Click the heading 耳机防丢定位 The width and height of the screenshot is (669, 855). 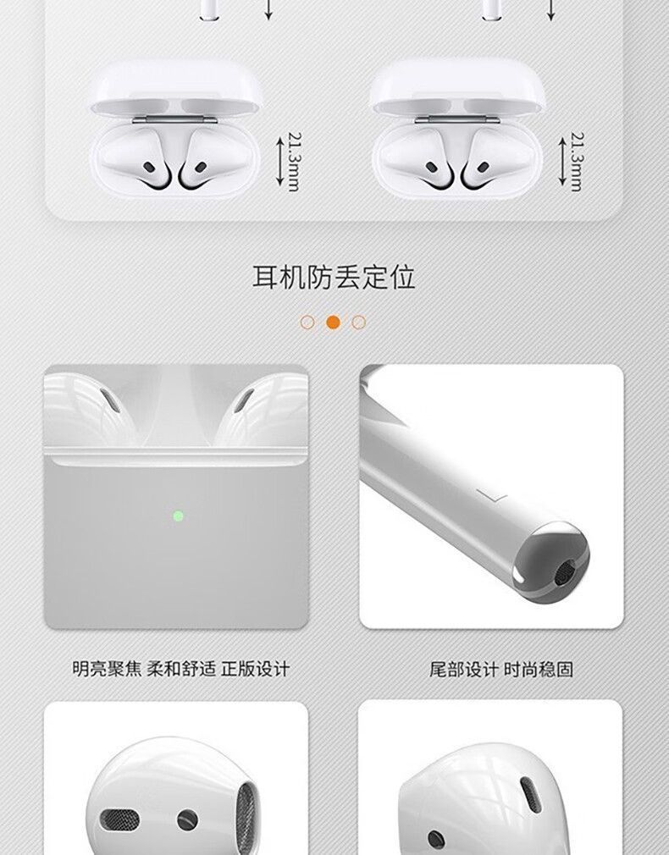(x=334, y=277)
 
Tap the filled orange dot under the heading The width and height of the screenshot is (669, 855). (x=333, y=323)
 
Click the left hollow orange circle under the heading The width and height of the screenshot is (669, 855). (x=307, y=323)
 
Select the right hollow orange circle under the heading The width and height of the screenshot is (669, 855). (x=358, y=323)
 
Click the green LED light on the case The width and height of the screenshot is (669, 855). (x=178, y=516)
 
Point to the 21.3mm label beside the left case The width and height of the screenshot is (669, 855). (x=294, y=162)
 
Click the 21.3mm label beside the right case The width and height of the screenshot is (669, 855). (x=576, y=162)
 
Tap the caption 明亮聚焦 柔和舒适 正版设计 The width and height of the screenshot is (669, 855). (x=180, y=669)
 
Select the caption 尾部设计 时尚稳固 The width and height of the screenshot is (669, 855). (x=501, y=669)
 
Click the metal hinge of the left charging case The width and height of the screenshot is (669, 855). (x=174, y=119)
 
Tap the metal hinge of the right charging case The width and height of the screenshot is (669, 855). (x=456, y=119)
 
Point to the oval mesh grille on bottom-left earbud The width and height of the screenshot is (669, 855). (x=119, y=819)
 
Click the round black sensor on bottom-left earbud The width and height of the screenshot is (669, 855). (x=187, y=819)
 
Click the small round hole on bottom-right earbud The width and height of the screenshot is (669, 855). (x=436, y=839)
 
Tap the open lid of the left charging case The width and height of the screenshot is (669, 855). (x=177, y=86)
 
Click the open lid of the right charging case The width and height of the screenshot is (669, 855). (x=457, y=86)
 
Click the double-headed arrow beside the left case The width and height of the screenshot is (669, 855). (x=279, y=161)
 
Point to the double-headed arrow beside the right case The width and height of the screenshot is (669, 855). (x=562, y=161)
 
